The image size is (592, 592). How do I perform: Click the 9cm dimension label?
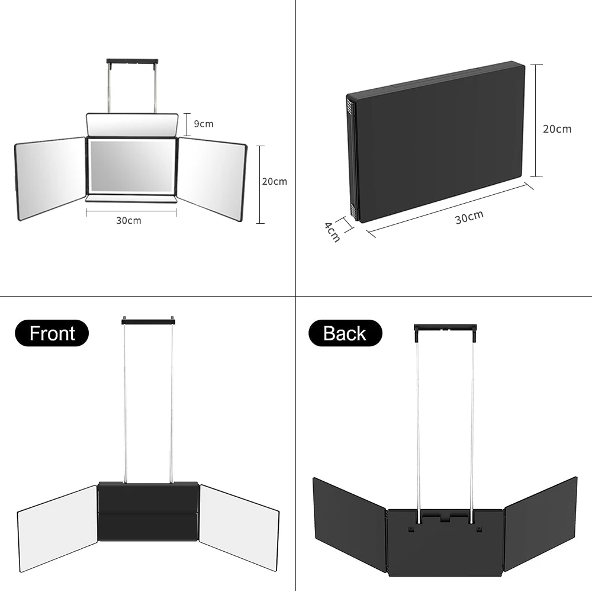pyautogui.click(x=203, y=124)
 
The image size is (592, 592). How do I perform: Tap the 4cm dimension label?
pyautogui.click(x=332, y=231)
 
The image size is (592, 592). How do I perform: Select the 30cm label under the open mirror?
pyautogui.click(x=128, y=221)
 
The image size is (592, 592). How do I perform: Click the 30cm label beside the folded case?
pyautogui.click(x=469, y=217)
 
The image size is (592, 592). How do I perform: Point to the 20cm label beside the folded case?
pyautogui.click(x=557, y=128)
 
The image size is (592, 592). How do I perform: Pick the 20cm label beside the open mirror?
pyautogui.click(x=274, y=181)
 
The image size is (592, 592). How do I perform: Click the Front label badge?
pyautogui.click(x=52, y=333)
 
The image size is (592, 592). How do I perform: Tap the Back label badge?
pyautogui.click(x=345, y=334)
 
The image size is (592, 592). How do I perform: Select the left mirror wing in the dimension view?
pyautogui.click(x=51, y=178)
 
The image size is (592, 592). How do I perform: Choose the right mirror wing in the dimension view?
pyautogui.click(x=213, y=178)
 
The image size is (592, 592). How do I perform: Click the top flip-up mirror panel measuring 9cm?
pyautogui.click(x=132, y=124)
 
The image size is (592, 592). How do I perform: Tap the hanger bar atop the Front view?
pyautogui.click(x=148, y=320)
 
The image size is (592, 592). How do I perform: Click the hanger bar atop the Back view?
pyautogui.click(x=445, y=327)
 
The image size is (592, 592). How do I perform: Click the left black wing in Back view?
pyautogui.click(x=349, y=522)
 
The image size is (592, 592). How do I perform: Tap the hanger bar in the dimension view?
pyautogui.click(x=132, y=61)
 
